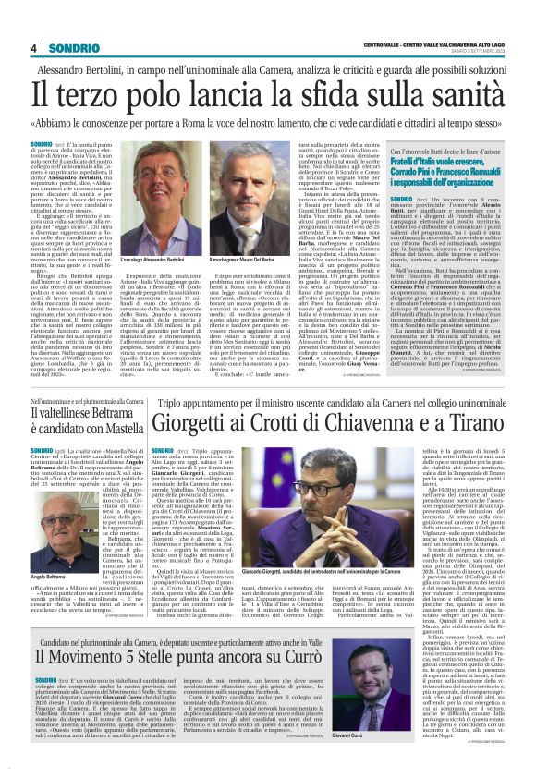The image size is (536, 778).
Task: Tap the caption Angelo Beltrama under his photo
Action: click(47, 524)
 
